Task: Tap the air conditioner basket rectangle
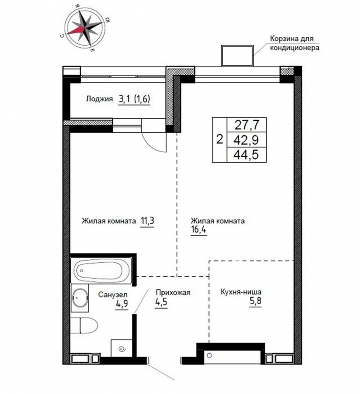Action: (237, 55)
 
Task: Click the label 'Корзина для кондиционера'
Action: (294, 44)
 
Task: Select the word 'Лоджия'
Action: (99, 99)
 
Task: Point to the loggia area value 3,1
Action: (125, 99)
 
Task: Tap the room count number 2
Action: (219, 139)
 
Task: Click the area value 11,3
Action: (147, 221)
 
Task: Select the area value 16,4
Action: (199, 230)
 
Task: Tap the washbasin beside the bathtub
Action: (80, 297)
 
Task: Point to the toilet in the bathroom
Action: (84, 325)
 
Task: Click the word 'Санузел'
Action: (112, 295)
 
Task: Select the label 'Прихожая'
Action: (173, 293)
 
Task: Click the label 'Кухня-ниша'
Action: (241, 292)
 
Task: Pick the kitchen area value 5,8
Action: (255, 301)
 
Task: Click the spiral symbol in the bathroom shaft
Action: (122, 349)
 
